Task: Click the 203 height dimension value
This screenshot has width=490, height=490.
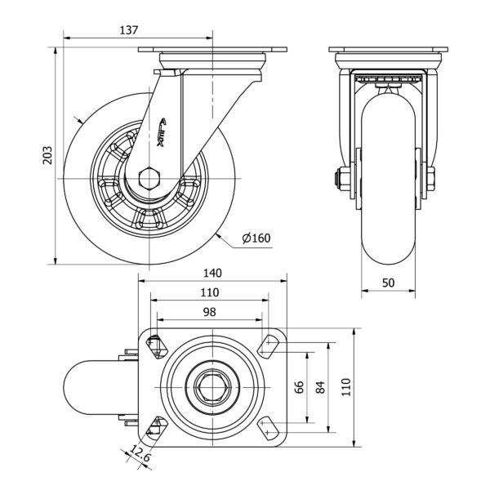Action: coord(47,155)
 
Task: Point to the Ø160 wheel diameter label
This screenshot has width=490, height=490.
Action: coord(256,238)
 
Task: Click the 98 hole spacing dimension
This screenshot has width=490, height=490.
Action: coord(209,312)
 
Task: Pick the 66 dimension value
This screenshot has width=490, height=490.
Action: coord(299,387)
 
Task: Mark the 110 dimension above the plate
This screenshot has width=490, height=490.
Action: coord(209,292)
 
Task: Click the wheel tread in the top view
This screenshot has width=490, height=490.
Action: coord(90,386)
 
